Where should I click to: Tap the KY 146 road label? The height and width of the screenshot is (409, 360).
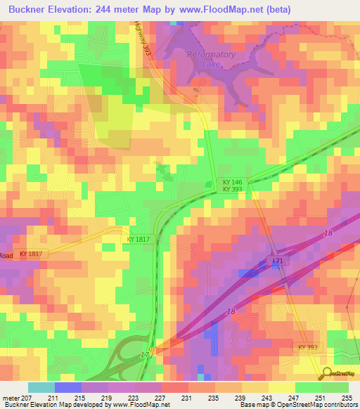(x=233, y=181)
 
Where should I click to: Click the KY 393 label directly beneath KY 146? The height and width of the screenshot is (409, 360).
(x=233, y=189)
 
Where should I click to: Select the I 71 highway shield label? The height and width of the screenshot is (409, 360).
(x=277, y=261)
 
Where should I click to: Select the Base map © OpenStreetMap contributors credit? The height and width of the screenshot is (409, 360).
(x=300, y=405)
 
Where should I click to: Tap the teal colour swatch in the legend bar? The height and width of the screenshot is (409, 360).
(x=41, y=387)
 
